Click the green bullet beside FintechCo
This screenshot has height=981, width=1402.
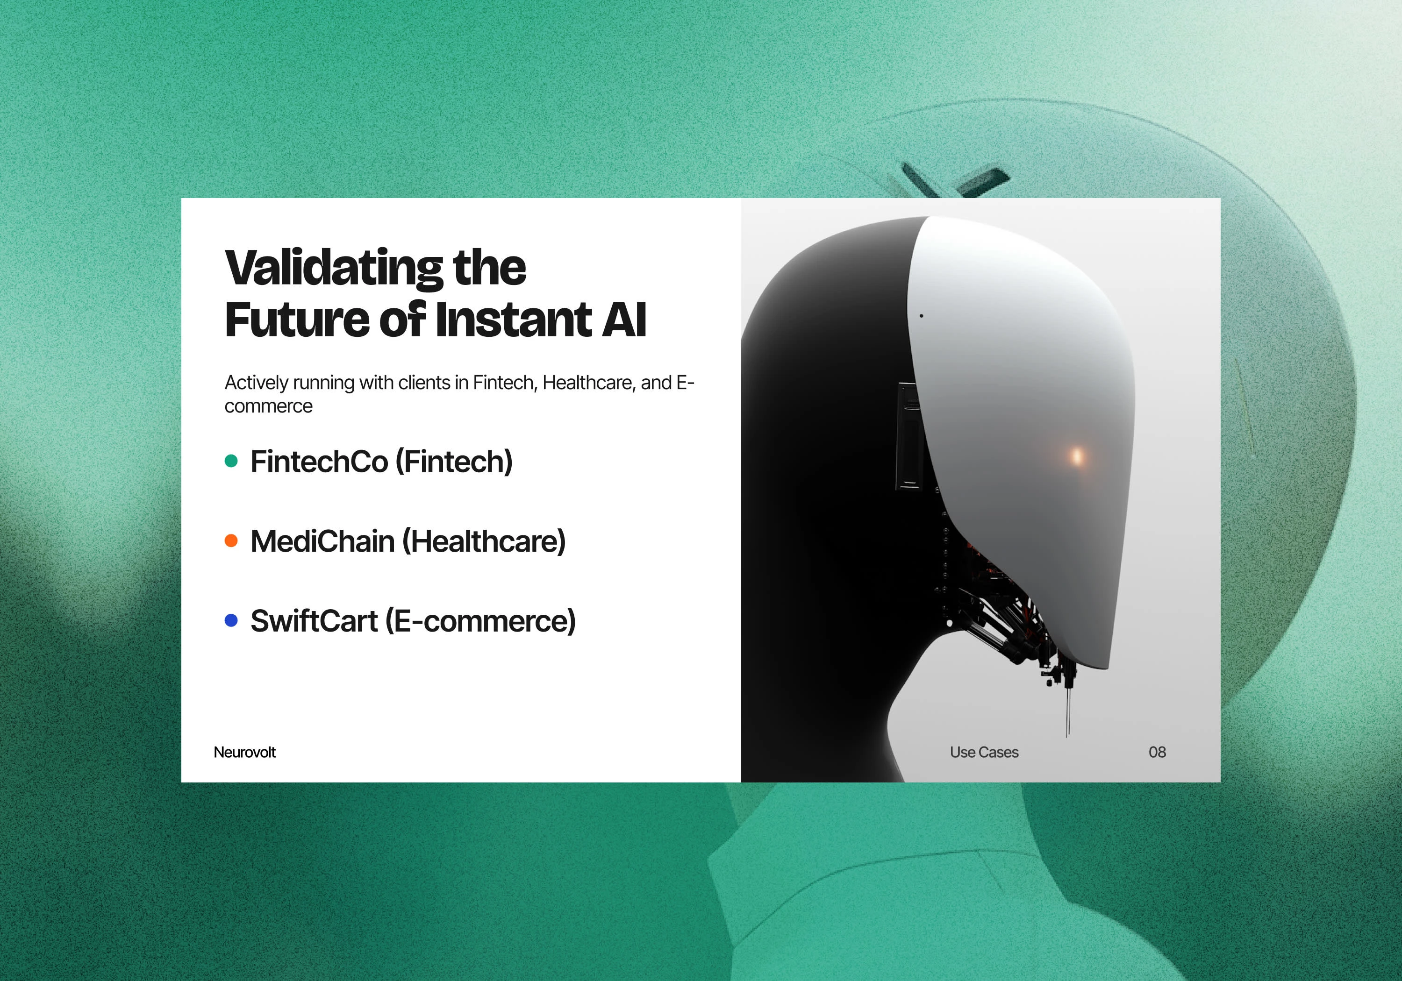coord(231,461)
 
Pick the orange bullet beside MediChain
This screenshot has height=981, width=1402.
coord(231,540)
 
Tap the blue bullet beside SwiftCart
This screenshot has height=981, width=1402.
coord(231,620)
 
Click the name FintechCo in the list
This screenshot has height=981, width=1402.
coord(319,462)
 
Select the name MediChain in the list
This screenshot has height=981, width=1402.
coord(322,541)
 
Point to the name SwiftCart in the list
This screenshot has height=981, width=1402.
coord(314,621)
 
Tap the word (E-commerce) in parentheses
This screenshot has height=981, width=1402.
coord(480,621)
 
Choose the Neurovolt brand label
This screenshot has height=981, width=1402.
coord(244,752)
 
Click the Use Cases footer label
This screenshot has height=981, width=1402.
coord(984,752)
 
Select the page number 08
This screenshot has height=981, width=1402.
coord(1157,752)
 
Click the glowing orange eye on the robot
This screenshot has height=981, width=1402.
coord(1077,455)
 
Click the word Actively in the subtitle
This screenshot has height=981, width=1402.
coord(257,383)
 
